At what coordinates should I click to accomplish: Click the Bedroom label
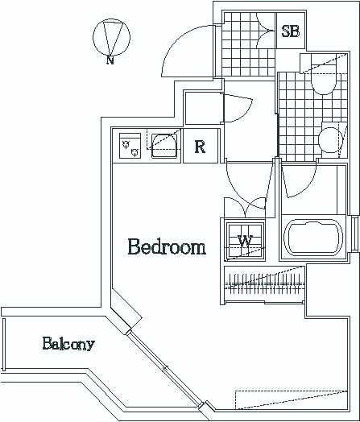point(167,246)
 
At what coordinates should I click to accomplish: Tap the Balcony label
point(68,344)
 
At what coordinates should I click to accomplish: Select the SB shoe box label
point(290,31)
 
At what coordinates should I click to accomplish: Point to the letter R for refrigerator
point(200,147)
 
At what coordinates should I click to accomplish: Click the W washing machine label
point(245,241)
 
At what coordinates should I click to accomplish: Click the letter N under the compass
point(110,60)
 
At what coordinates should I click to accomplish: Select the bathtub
point(313,238)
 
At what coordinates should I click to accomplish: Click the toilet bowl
point(324,80)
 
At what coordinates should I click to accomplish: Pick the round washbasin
point(330,139)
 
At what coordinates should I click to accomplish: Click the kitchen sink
point(164,146)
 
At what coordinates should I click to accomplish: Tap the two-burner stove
point(130,145)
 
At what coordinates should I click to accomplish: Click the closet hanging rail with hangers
point(265,284)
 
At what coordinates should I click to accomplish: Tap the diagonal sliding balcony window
point(164,368)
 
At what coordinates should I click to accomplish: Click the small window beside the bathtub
point(355,234)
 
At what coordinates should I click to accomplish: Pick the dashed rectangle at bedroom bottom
point(291,399)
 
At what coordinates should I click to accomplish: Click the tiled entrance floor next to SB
point(248,44)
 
